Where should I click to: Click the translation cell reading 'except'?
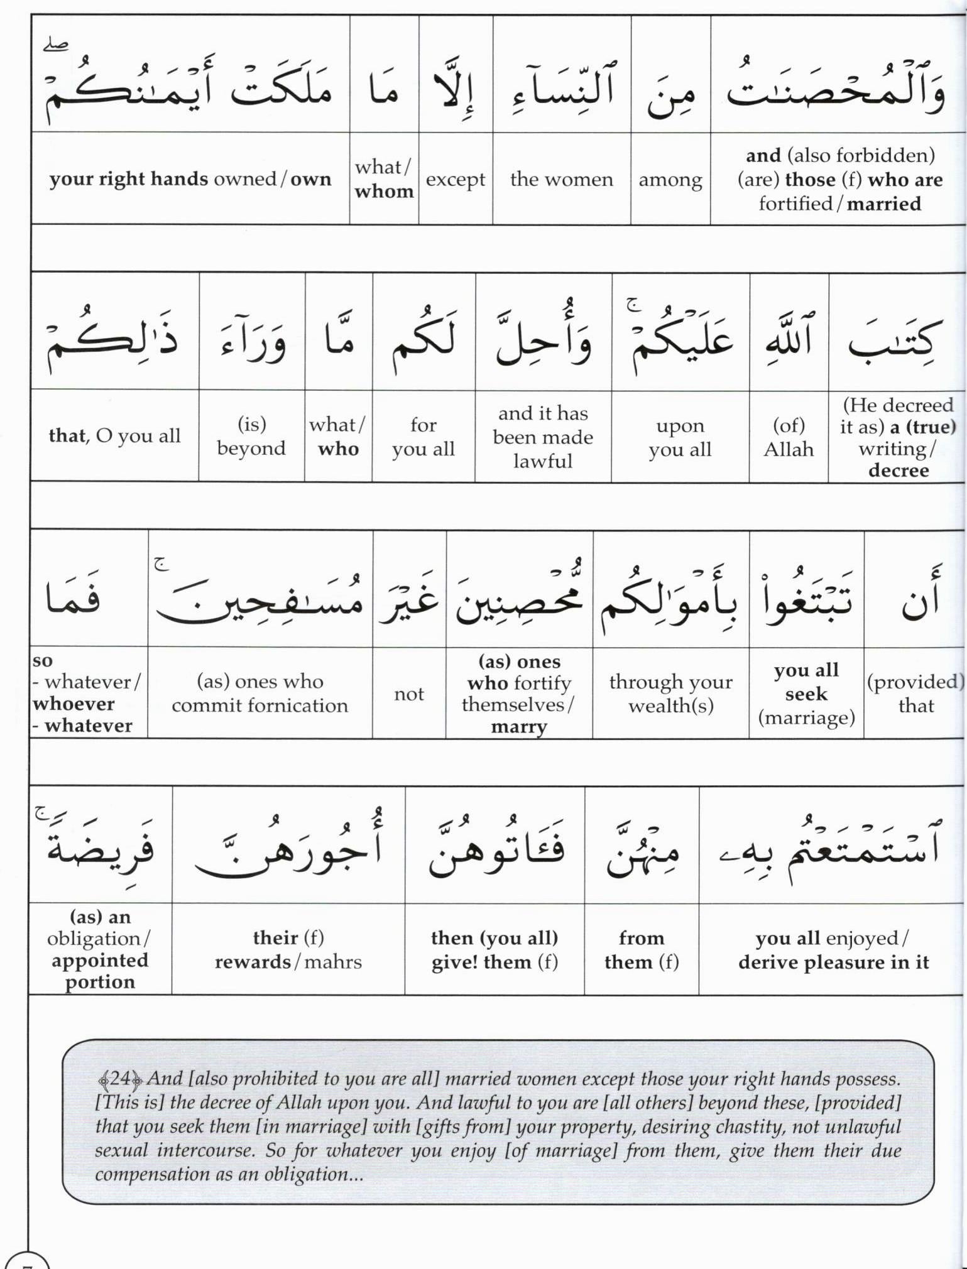click(x=456, y=180)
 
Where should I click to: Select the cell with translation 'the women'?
click(x=561, y=180)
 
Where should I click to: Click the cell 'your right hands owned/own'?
click(x=190, y=179)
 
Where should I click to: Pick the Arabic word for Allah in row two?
click(x=789, y=339)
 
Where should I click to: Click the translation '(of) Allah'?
click(x=789, y=437)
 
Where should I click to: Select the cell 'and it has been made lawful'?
click(x=543, y=437)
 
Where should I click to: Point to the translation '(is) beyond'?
click(x=251, y=437)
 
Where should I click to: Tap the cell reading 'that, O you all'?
click(x=114, y=436)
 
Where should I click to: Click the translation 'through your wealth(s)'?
click(x=670, y=694)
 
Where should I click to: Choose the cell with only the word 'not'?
click(x=409, y=694)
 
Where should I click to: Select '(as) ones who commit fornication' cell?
click(x=260, y=694)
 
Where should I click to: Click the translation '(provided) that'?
click(x=915, y=694)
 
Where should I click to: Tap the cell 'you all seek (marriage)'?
click(x=806, y=694)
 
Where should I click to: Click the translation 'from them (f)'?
click(x=642, y=950)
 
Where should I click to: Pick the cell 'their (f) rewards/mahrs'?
click(x=288, y=950)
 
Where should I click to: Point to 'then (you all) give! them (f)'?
click(x=494, y=950)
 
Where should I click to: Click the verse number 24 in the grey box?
click(x=119, y=1079)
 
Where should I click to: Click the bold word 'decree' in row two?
click(x=898, y=471)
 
